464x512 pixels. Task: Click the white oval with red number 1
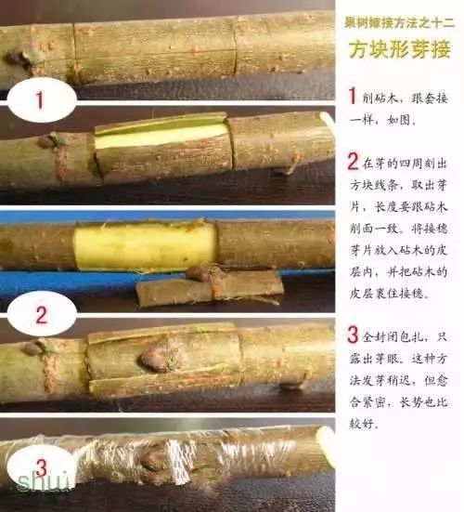[39, 100]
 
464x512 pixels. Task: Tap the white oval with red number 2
[40, 313]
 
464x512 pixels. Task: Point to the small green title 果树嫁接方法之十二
[399, 20]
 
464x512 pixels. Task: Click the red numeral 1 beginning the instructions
[353, 95]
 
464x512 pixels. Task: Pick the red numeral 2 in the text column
[354, 161]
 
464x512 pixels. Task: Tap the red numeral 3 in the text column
[354, 333]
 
